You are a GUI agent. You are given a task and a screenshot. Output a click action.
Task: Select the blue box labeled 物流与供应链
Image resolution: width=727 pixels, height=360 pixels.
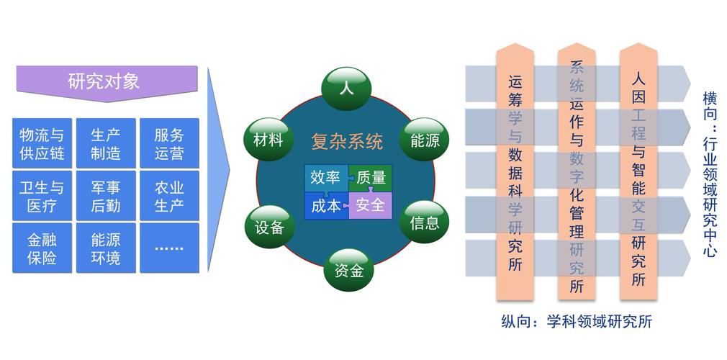[x=42, y=144]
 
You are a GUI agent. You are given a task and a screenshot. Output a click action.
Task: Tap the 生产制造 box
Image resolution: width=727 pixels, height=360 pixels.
[x=106, y=144]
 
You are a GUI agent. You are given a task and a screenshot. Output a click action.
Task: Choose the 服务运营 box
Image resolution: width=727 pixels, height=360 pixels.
[x=169, y=144]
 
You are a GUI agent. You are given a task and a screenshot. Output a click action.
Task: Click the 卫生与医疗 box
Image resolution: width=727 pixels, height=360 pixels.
[x=42, y=197]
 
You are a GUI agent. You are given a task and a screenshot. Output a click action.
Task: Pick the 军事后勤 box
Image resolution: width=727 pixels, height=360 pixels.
[x=106, y=197]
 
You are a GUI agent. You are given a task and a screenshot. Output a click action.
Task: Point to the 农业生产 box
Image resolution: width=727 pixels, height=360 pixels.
[x=169, y=197]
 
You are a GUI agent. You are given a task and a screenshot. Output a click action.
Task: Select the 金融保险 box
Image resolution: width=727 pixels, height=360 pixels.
[x=42, y=248]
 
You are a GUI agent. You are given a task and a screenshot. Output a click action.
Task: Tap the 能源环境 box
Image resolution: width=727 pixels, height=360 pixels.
[x=106, y=248]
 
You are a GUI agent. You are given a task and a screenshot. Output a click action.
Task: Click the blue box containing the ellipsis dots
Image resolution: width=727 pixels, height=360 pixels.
[x=169, y=248]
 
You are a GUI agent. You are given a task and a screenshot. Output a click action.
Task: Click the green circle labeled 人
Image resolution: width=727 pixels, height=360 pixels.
[x=346, y=89]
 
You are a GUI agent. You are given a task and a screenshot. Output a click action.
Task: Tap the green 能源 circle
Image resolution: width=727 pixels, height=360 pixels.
[x=425, y=140]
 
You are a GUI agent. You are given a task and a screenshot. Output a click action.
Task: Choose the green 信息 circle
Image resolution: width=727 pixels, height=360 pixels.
[x=425, y=222]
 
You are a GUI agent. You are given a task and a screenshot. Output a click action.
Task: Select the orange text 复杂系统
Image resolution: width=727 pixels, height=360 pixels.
[x=346, y=141]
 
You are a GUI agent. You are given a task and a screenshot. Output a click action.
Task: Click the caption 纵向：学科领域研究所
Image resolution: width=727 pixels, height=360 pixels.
[x=576, y=321]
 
